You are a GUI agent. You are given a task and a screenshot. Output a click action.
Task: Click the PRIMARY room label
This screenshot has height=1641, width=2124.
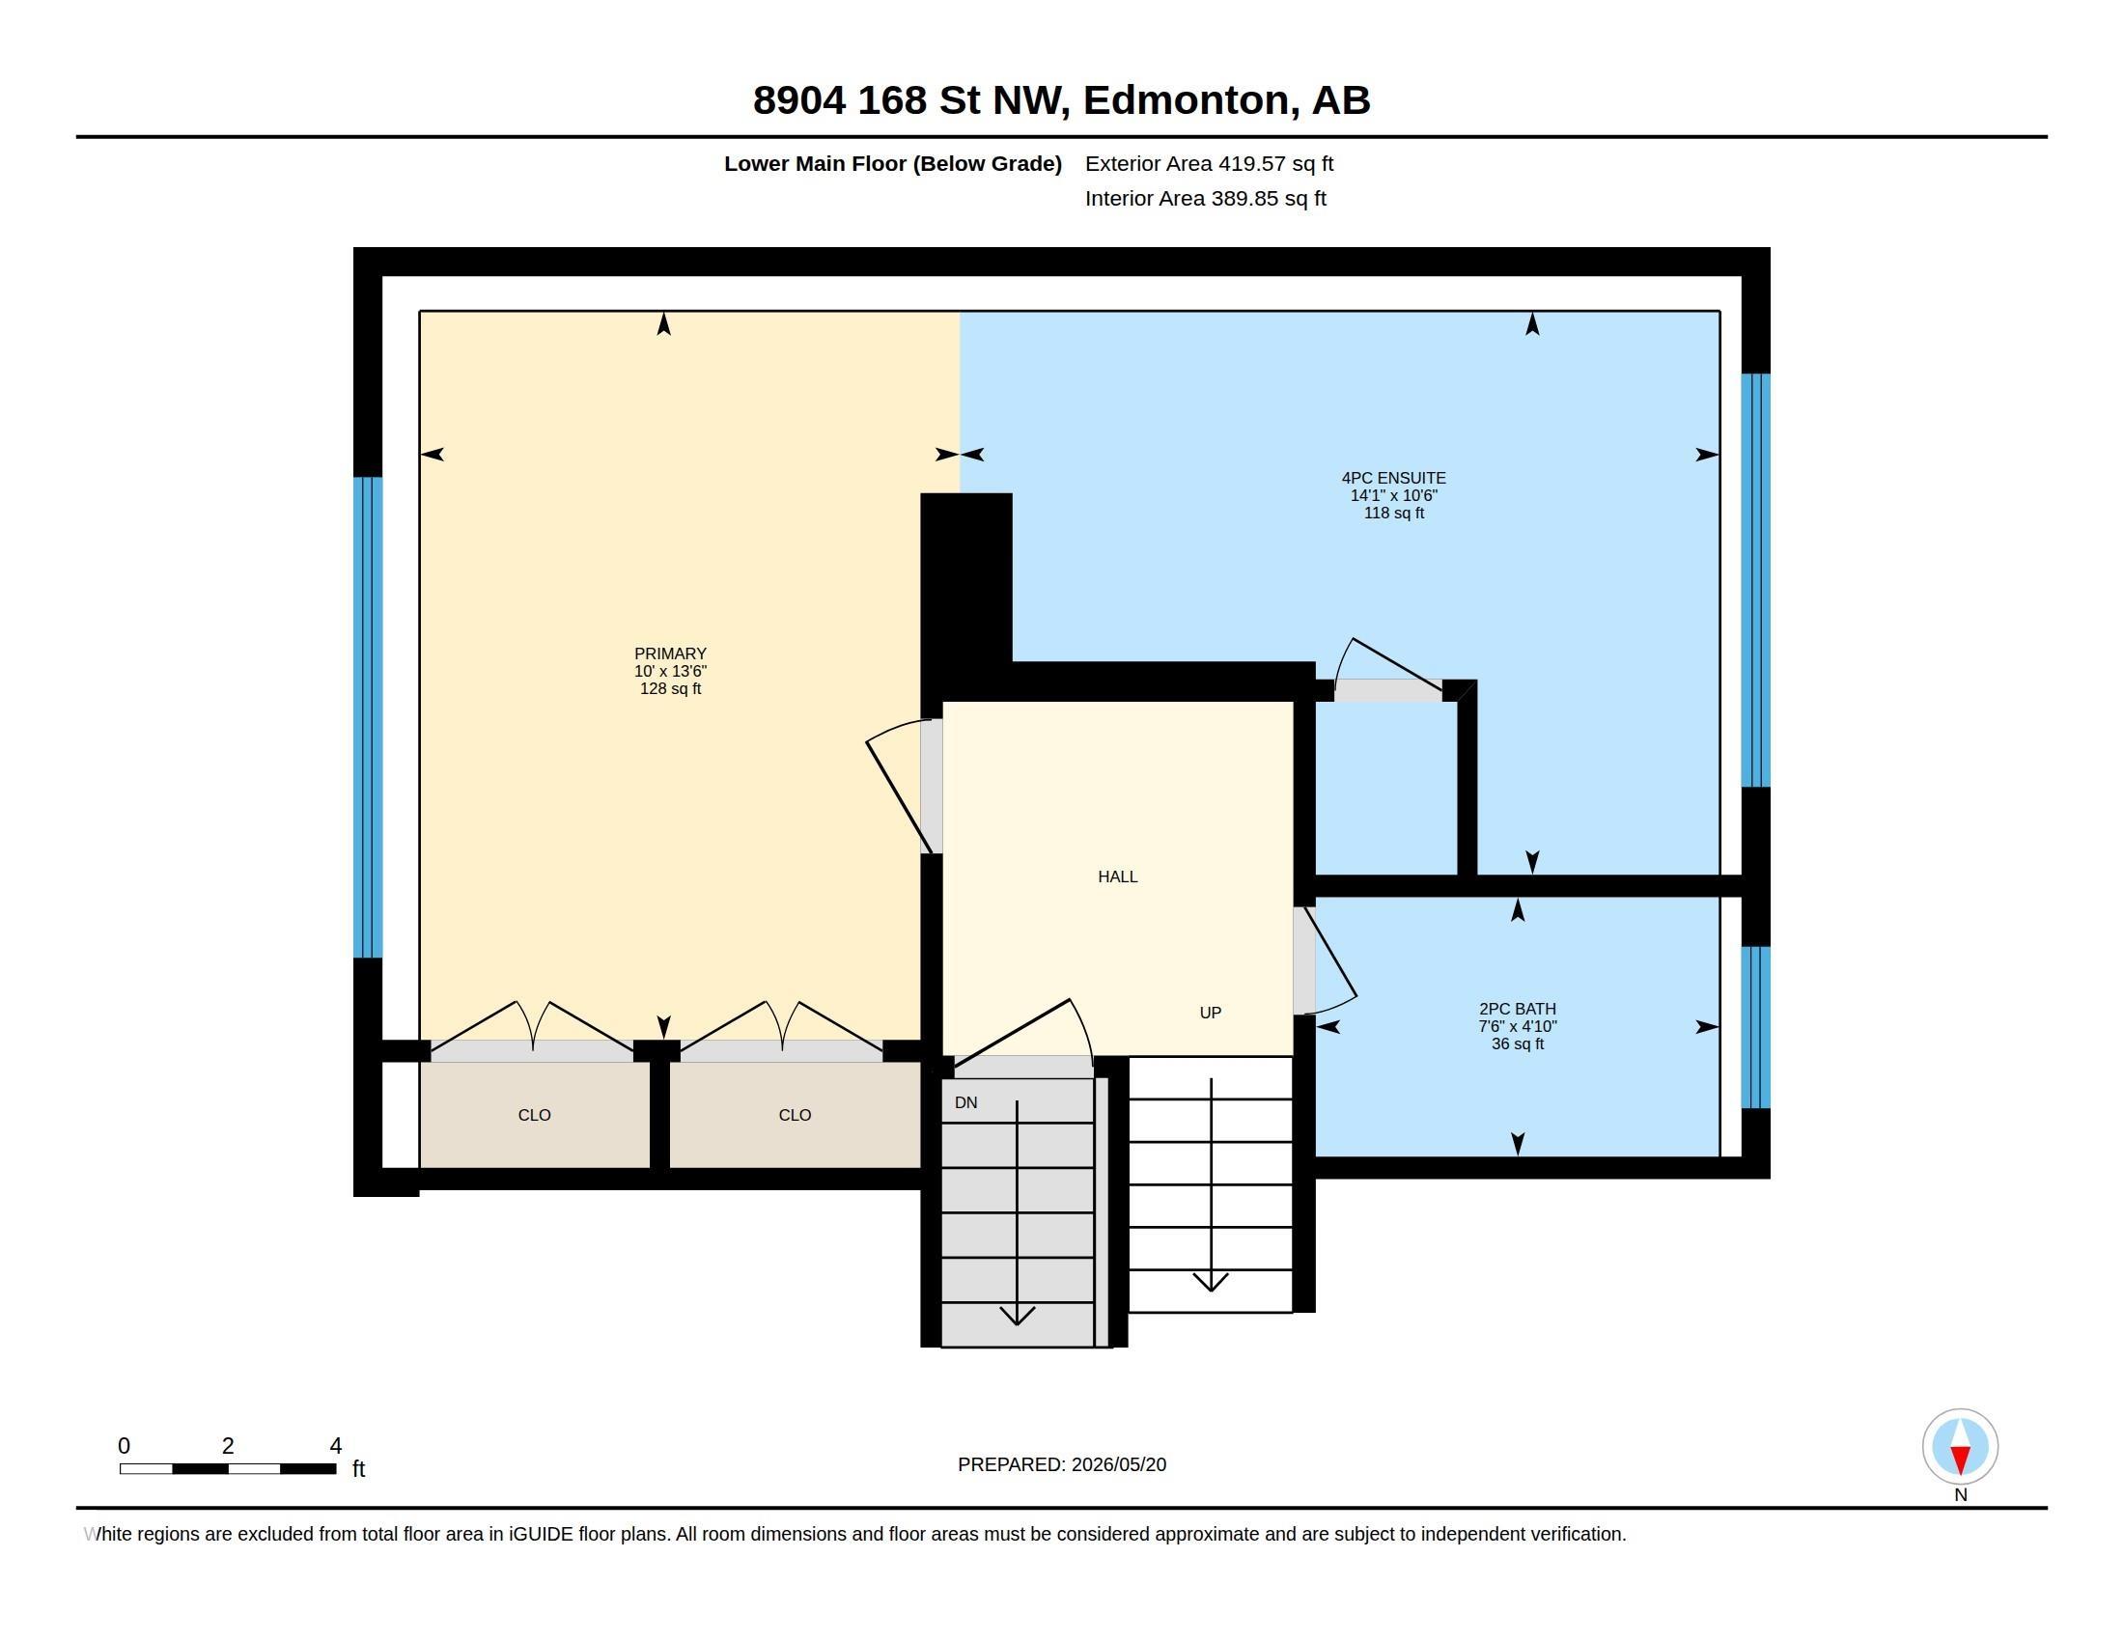click(670, 654)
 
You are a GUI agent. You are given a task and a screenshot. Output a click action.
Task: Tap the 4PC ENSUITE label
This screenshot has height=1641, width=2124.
click(1393, 478)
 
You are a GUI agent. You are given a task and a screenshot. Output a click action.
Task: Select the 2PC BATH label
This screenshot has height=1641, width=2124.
click(1517, 1009)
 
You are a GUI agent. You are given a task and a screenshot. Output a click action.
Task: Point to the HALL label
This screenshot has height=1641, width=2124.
click(1117, 876)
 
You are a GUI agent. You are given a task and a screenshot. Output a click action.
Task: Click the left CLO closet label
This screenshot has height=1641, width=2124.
click(534, 1115)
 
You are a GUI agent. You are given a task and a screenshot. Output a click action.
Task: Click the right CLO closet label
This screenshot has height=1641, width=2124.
click(795, 1115)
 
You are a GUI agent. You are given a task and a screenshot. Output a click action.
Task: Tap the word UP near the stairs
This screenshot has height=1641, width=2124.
click(1210, 1013)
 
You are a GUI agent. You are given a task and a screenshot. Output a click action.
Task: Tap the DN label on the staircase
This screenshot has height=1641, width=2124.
click(965, 1102)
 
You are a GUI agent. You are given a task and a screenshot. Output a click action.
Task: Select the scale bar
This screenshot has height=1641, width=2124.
click(229, 1468)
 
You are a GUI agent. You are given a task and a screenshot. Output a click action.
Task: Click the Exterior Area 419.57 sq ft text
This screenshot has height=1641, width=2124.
click(1209, 163)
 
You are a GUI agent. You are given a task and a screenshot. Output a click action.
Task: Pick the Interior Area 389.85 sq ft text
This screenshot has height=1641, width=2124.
click(1205, 198)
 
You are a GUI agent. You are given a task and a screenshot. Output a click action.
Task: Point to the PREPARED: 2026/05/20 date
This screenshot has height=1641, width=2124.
click(1061, 1465)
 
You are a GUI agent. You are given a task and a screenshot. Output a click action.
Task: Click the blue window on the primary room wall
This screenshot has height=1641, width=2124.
click(368, 717)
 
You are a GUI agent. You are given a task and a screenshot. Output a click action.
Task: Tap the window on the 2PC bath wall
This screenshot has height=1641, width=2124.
click(1755, 1028)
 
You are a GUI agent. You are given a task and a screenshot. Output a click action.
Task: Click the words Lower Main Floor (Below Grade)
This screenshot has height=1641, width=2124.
click(893, 163)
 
